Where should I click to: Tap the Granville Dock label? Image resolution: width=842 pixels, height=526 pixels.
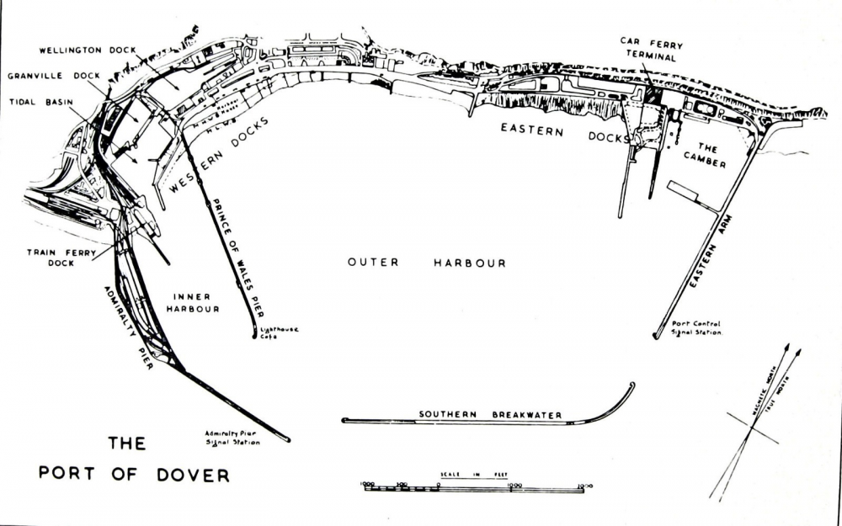[x=53, y=76]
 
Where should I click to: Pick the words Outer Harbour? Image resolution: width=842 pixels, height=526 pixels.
[x=426, y=263]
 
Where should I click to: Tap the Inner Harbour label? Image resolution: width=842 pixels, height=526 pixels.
[x=195, y=302]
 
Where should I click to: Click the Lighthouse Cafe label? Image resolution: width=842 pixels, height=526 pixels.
[x=280, y=332]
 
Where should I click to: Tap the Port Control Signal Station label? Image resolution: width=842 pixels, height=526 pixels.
[x=695, y=327]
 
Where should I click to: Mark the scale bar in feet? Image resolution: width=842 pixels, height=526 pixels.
[x=474, y=487]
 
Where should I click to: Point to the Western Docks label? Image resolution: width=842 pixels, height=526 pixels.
[x=218, y=157]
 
